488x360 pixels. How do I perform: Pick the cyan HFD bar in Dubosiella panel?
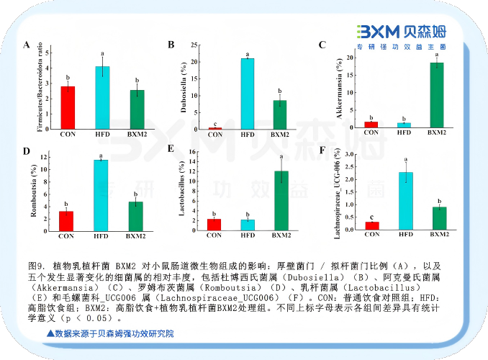tap(247, 94)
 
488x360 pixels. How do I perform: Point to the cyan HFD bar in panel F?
tap(406, 201)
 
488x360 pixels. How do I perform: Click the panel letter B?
tap(171, 45)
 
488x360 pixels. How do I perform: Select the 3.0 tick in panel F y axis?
tap(351, 154)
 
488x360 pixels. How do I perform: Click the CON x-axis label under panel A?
tap(68, 135)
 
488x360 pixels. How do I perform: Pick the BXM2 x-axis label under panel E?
tap(281, 235)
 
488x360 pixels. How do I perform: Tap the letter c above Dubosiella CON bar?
tap(216, 122)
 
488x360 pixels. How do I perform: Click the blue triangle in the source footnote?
tap(50, 334)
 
